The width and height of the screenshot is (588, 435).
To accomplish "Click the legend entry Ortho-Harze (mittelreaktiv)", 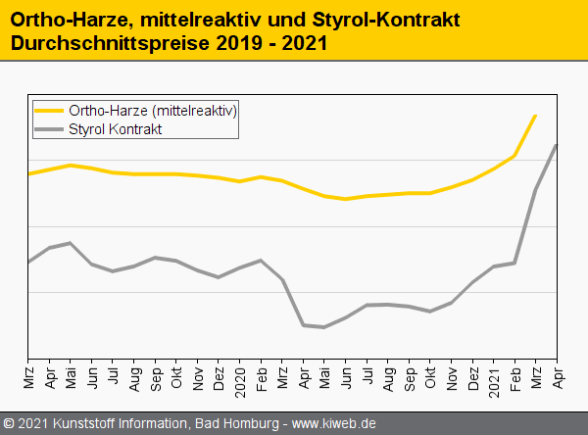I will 153,111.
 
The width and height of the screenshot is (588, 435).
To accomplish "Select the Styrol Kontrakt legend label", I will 116,129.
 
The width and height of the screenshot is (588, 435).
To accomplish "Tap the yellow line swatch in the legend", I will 48,111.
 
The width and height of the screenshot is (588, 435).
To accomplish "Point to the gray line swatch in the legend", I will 48,129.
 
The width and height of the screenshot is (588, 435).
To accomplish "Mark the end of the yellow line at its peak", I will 536,116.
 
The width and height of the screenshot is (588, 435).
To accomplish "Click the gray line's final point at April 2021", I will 558,145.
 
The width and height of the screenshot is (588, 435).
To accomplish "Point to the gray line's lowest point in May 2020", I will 323,327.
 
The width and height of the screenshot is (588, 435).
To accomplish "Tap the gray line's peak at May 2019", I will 70,243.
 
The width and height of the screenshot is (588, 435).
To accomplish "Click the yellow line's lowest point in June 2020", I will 345,199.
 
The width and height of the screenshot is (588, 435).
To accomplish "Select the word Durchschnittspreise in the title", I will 109,44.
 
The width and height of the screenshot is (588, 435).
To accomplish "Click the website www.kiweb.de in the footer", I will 334,423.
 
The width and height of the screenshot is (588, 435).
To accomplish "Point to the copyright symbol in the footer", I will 10,423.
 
